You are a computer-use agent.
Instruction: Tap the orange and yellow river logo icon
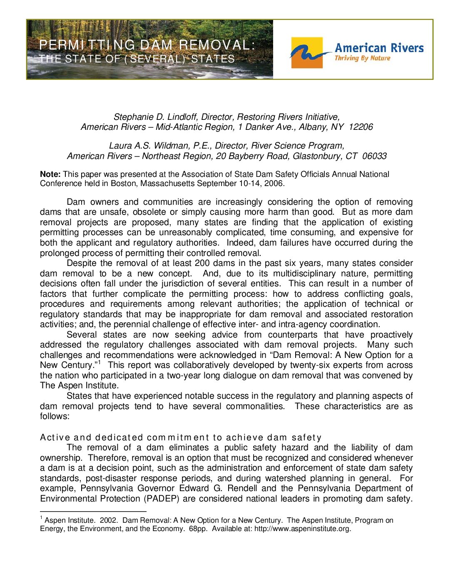(307, 53)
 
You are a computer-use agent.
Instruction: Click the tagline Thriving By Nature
(362, 58)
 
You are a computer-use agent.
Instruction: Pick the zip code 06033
(374, 156)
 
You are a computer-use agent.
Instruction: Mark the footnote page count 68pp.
(198, 529)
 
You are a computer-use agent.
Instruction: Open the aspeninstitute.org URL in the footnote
(303, 529)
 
